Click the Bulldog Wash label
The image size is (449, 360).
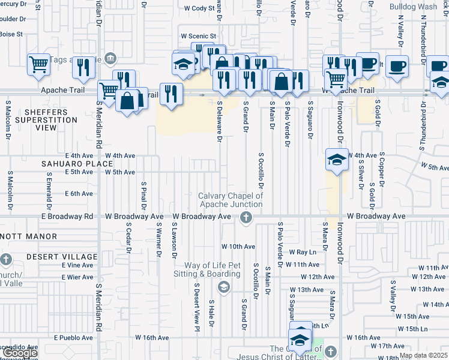point(413,7)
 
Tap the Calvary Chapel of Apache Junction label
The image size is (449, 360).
point(231,200)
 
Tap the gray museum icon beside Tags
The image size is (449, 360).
point(110,58)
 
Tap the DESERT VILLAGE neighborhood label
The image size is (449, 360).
point(61,257)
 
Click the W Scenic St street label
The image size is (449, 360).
point(197,36)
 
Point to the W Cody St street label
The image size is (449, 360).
point(199,8)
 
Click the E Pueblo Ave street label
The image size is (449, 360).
point(73,338)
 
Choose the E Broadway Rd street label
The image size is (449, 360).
point(67,216)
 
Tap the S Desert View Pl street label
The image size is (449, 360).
point(196,306)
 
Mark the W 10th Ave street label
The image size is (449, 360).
point(238,247)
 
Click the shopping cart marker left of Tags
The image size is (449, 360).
point(38,64)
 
